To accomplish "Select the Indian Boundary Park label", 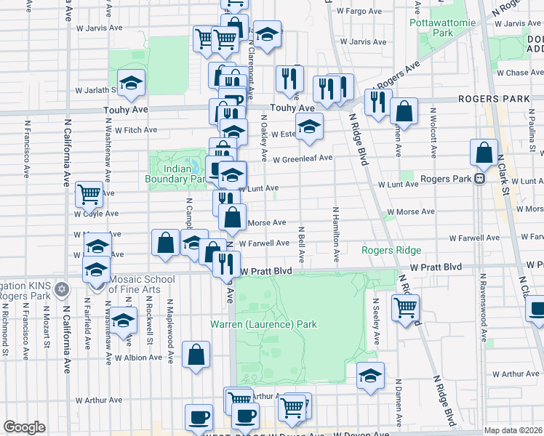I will [x=177, y=174].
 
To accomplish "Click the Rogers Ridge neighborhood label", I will [x=391, y=251].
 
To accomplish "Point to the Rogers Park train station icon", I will [x=479, y=179].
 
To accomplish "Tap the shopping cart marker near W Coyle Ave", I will [x=89, y=194].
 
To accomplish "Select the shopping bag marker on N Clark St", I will [x=484, y=153].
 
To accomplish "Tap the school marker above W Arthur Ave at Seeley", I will [x=370, y=375].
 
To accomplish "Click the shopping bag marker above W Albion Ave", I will [x=196, y=355].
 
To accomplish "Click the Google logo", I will [x=24, y=427].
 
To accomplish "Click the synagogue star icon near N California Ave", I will [x=62, y=288].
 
